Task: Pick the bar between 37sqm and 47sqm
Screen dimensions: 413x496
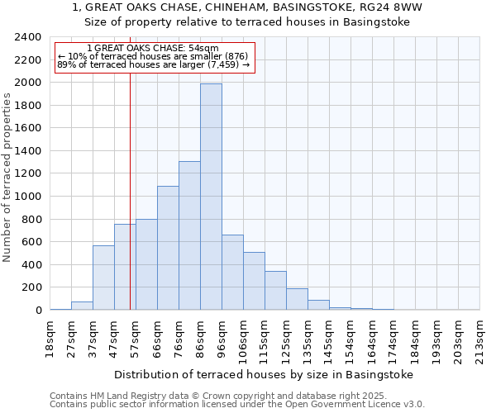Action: coord(103,278)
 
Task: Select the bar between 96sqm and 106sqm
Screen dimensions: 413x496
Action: coord(232,273)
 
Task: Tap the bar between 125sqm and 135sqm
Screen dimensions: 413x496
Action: coord(297,299)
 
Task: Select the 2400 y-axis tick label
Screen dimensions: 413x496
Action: coord(28,37)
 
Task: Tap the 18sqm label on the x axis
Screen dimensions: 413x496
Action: coord(50,338)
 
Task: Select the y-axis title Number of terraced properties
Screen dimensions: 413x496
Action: coord(7,177)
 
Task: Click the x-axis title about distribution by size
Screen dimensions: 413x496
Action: coord(263,374)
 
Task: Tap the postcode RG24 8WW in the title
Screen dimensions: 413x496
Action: coord(393,7)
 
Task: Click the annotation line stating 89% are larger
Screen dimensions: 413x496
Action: coord(153,64)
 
